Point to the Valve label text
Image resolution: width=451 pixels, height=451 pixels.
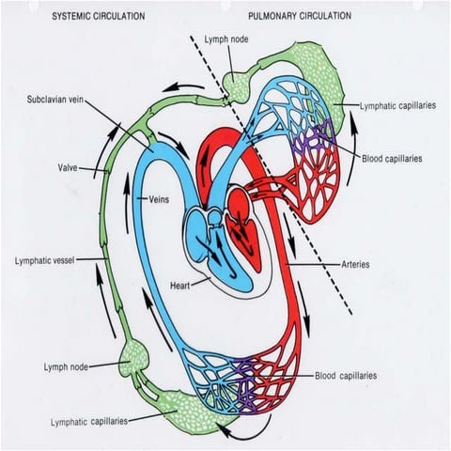point(69,169)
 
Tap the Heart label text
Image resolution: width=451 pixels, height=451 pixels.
point(181,283)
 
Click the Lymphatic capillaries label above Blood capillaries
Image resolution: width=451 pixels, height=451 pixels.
point(398,107)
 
